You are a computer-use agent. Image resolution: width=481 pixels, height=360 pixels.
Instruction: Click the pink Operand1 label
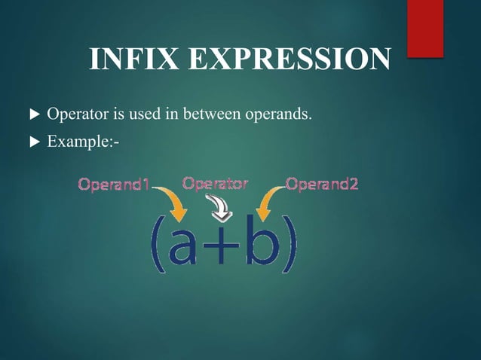click(114, 185)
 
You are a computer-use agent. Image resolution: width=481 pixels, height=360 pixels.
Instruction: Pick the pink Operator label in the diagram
click(216, 183)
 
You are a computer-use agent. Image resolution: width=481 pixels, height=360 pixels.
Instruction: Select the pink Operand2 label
click(321, 185)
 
